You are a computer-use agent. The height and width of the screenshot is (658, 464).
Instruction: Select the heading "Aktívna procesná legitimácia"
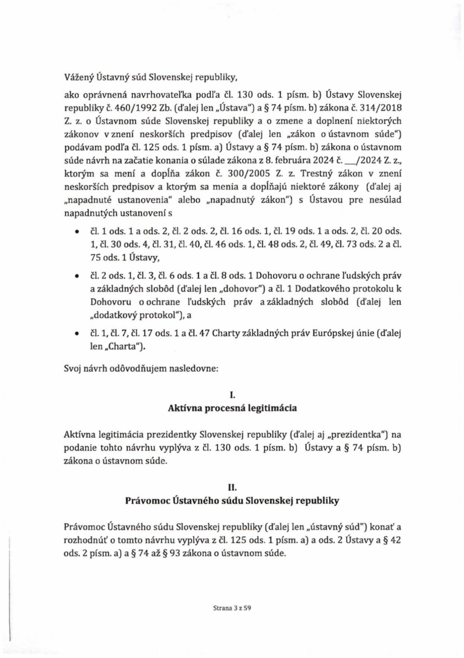click(232, 408)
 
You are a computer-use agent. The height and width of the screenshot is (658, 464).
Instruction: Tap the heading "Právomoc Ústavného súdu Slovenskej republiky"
click(232, 501)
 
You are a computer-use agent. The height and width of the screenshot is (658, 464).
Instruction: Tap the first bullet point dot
click(77, 232)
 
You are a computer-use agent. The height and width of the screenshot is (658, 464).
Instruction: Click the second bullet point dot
click(77, 277)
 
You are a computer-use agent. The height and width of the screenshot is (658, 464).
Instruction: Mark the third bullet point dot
click(77, 333)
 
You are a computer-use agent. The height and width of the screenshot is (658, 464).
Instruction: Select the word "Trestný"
click(315, 174)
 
